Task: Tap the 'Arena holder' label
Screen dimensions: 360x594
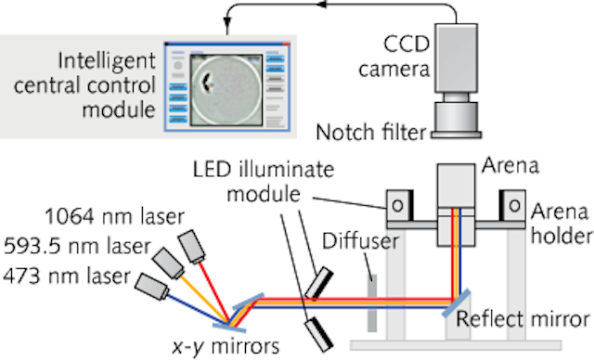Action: (561, 228)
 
